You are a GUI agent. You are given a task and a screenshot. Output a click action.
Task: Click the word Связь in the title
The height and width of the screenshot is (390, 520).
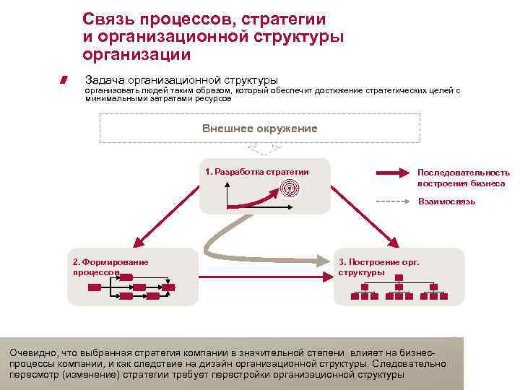(108, 19)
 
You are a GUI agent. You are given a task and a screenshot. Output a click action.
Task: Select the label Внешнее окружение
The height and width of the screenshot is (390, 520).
(259, 128)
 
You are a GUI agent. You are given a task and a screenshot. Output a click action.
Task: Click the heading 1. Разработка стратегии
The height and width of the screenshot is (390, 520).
(256, 172)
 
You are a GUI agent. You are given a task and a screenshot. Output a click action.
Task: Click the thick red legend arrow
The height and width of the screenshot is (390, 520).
(393, 173)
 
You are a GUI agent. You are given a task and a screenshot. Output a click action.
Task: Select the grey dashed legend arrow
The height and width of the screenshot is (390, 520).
(393, 201)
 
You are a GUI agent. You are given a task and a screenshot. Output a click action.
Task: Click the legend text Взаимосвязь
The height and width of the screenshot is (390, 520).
(446, 201)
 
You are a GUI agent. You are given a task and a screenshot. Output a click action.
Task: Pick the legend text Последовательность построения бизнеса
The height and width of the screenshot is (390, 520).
(463, 178)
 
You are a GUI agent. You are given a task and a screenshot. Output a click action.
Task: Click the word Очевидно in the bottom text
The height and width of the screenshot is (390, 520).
(31, 352)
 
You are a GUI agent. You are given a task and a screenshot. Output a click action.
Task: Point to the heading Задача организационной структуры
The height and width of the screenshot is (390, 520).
(181, 79)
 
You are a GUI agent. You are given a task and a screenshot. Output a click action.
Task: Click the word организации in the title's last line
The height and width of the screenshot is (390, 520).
(136, 54)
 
